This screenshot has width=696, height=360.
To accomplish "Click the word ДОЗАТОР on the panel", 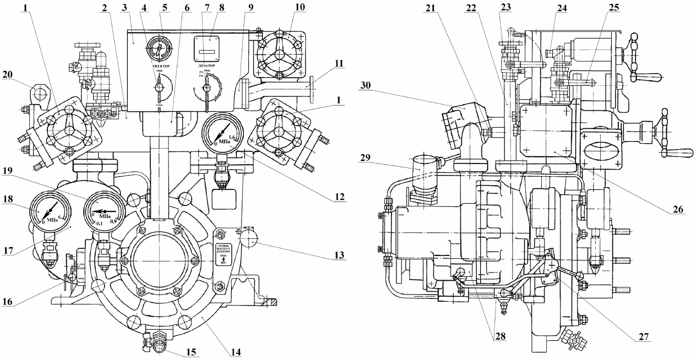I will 208,66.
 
